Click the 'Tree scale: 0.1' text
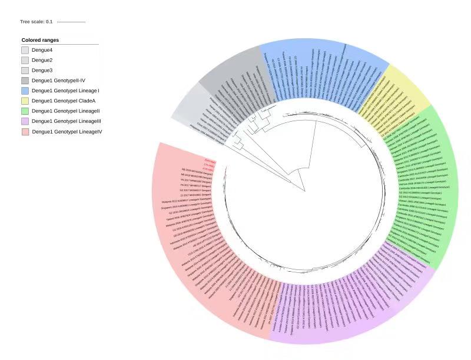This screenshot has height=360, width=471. click(37, 22)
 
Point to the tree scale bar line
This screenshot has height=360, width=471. click(71, 22)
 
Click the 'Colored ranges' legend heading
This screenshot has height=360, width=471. click(40, 40)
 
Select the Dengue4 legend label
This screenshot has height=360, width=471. click(42, 50)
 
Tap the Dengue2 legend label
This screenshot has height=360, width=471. click(42, 60)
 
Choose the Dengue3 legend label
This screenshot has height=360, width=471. click(42, 70)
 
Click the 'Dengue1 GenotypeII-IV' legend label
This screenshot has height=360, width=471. click(58, 81)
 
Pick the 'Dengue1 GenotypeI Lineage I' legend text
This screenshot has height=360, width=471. click(65, 91)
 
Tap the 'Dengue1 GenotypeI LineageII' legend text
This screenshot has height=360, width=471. click(65, 111)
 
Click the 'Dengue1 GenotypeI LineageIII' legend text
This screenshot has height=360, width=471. click(67, 121)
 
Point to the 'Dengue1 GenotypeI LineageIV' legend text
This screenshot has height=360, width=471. click(67, 131)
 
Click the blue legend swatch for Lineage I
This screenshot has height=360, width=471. click(25, 91)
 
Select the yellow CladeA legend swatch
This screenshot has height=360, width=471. click(25, 101)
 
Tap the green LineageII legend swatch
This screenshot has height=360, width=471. click(25, 111)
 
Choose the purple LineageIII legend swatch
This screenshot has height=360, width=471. click(25, 121)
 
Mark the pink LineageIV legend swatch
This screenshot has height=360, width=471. click(25, 131)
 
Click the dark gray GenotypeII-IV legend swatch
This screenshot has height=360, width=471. click(25, 81)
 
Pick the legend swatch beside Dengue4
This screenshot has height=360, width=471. click(25, 50)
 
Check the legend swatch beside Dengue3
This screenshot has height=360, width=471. click(25, 70)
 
